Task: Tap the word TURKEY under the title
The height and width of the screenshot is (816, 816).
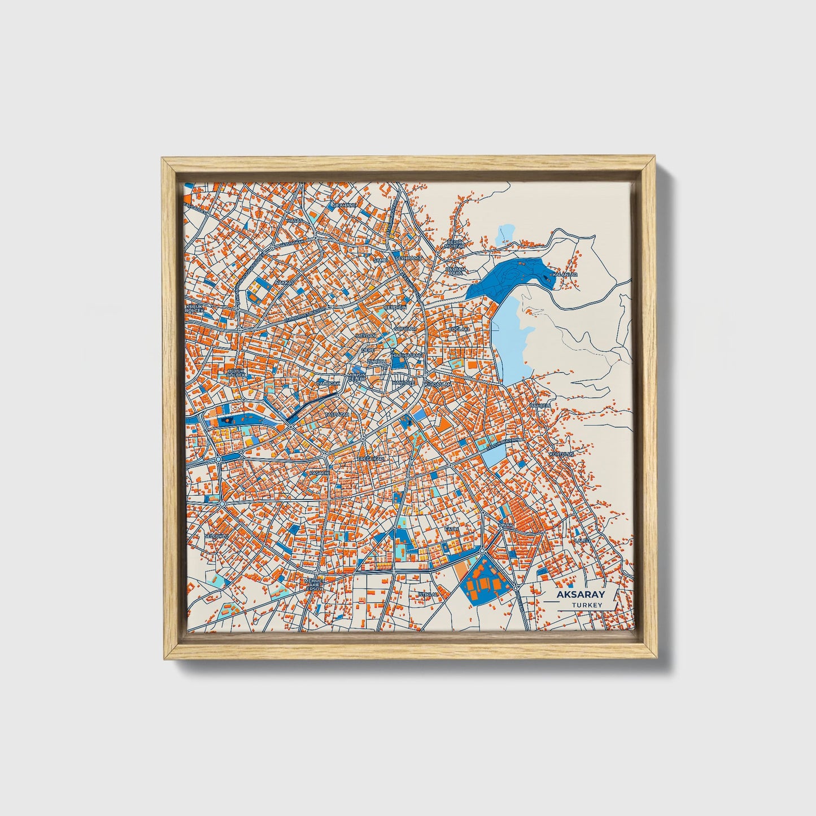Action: [586, 605]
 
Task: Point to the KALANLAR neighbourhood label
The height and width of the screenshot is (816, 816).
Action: [565, 274]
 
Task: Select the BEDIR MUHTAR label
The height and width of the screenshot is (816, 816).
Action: [455, 244]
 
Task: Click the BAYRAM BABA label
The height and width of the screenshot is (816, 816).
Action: [455, 272]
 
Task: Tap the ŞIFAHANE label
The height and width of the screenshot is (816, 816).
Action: [344, 205]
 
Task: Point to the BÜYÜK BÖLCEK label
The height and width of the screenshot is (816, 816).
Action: [236, 372]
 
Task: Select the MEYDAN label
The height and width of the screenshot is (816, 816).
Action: [365, 335]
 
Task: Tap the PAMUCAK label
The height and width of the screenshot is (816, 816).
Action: [329, 383]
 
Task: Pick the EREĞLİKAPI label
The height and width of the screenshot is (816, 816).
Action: [370, 459]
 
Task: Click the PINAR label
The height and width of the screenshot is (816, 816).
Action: [506, 525]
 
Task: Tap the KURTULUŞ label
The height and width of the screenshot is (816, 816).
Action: [561, 453]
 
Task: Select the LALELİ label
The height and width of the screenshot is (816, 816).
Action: [582, 540]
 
